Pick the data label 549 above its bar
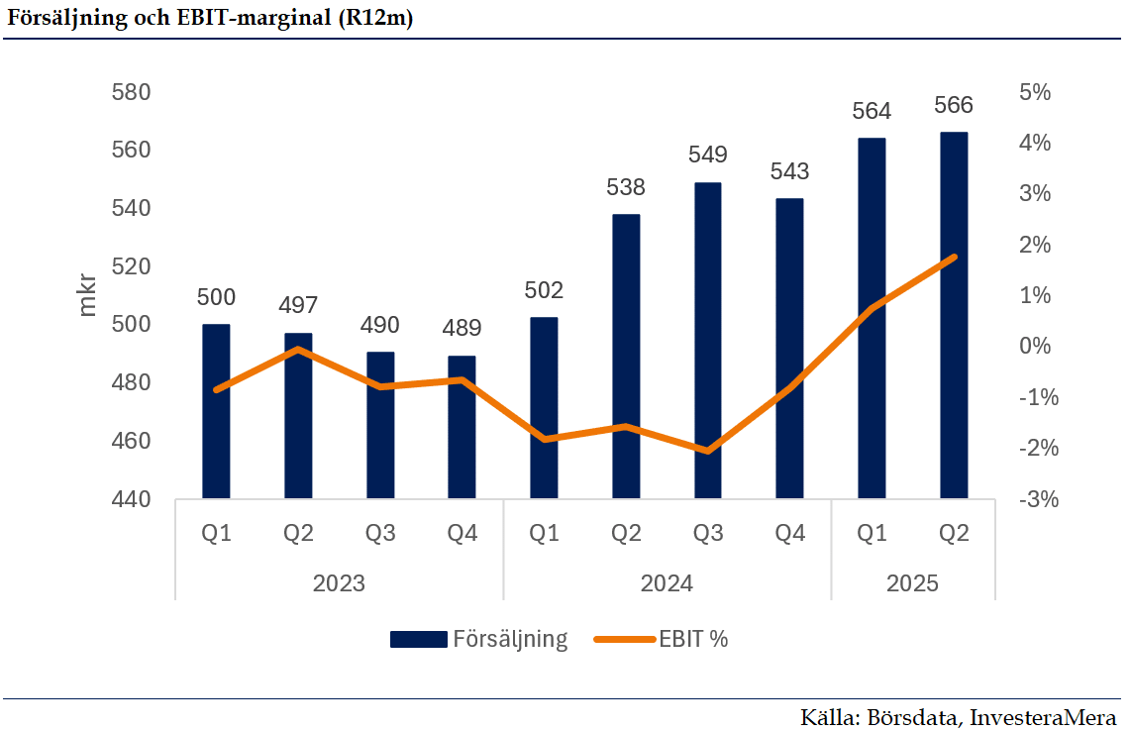tap(707, 155)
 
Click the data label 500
tap(216, 296)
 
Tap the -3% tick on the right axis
tap(1037, 500)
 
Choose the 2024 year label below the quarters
tap(667, 582)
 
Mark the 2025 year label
tap(912, 582)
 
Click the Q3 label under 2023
tap(380, 534)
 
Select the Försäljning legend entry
tap(480, 639)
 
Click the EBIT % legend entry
tap(664, 639)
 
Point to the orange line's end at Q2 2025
tap(954, 258)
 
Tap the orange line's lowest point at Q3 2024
tap(707, 451)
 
